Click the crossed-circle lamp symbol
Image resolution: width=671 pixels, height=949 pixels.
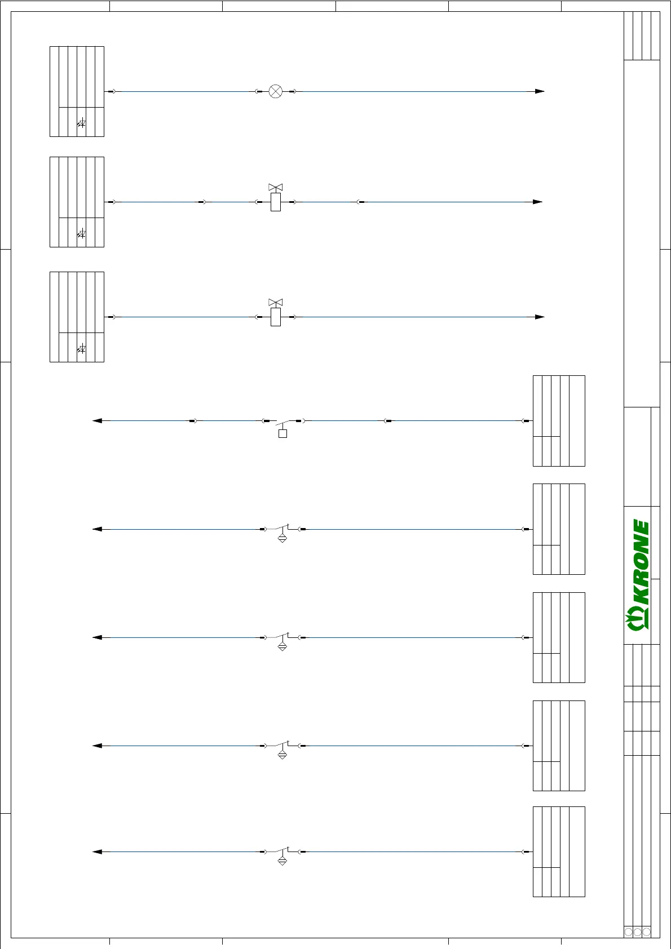275,91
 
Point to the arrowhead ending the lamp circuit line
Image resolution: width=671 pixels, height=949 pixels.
540,91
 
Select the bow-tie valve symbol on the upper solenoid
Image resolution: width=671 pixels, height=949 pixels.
275,187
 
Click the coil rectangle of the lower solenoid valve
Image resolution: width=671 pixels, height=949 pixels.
275,317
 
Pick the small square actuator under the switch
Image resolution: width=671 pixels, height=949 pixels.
282,433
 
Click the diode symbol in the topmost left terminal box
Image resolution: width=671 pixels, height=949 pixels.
82,123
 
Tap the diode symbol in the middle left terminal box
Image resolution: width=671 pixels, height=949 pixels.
82,233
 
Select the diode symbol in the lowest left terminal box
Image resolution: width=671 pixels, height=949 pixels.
82,349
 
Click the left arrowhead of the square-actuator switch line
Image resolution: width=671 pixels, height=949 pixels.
97,420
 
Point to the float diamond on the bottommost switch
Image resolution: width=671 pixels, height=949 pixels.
282,861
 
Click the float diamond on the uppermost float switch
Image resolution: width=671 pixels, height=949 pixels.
282,538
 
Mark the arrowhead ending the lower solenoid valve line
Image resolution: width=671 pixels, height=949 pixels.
540,317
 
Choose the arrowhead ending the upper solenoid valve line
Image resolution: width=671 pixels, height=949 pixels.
538,202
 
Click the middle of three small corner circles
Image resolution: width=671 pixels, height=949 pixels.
638,932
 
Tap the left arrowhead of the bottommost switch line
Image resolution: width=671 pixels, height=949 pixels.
97,852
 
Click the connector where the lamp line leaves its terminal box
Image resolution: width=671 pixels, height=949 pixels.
111,91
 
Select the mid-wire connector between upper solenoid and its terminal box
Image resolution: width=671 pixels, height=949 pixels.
202,202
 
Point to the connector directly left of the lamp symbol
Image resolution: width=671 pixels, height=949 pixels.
259,91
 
